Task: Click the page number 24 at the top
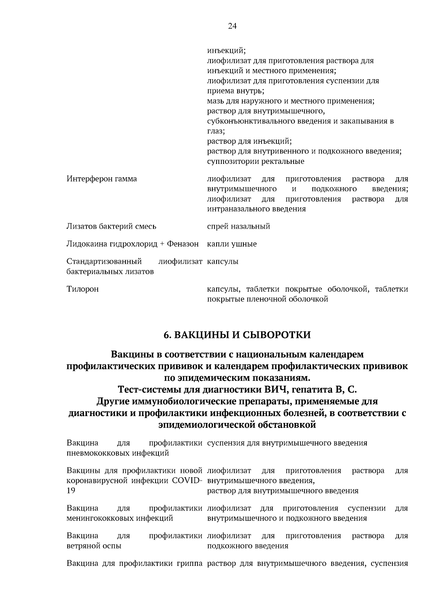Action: point(232,26)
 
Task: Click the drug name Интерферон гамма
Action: point(102,179)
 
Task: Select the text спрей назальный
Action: point(238,226)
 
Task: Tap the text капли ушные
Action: point(231,244)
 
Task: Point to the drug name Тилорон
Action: point(82,289)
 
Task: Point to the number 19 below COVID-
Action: point(71,491)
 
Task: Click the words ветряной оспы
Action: point(94,546)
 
